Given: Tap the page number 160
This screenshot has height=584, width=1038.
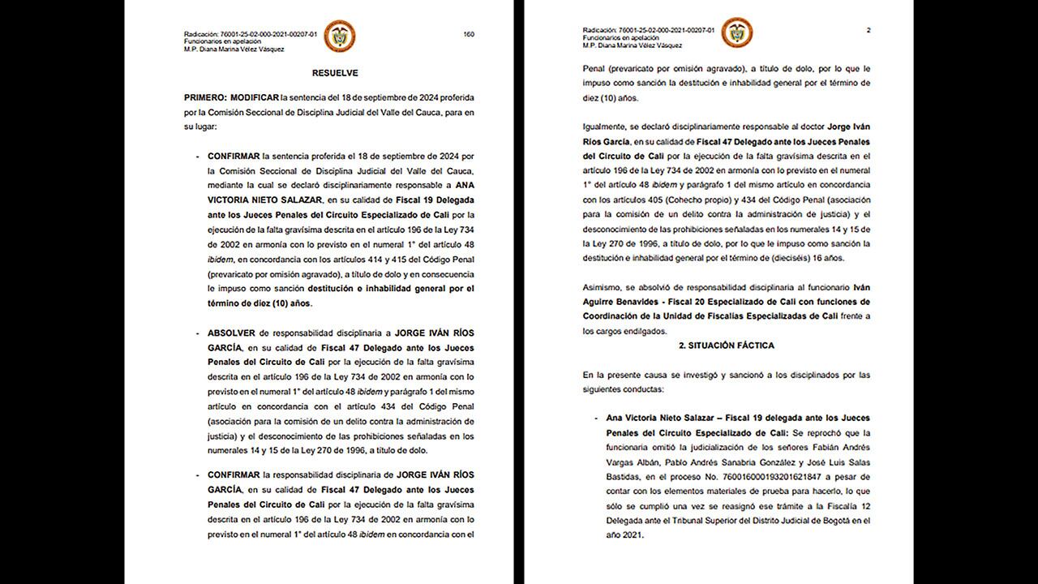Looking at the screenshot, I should coord(469,34).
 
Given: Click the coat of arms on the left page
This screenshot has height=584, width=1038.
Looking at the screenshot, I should coord(339,36).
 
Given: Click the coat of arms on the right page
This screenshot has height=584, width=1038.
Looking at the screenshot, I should coord(737,33).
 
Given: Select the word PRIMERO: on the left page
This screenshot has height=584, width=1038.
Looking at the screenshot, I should coord(207,97).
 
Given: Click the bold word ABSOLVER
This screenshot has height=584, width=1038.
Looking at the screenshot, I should coord(232,333).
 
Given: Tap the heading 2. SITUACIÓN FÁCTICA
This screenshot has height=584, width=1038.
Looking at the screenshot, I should coord(726,346).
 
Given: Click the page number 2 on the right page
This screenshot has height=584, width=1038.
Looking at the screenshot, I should coord(869,31).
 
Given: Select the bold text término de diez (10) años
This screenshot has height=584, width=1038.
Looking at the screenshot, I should coord(254,303).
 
